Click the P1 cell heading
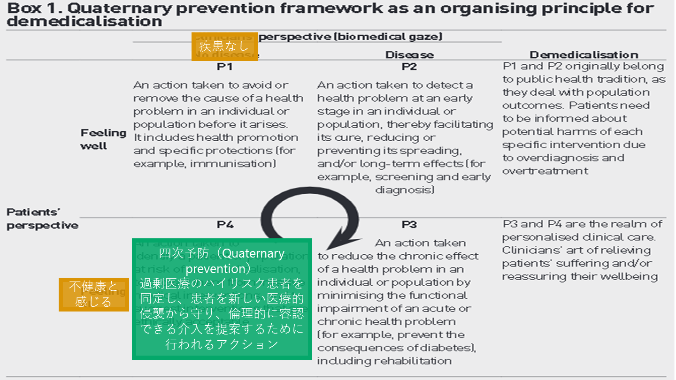pos(225,67)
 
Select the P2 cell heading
pos(409,67)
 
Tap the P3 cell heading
pos(409,225)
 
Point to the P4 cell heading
pos(225,225)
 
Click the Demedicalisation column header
pos(584,55)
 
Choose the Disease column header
pos(409,55)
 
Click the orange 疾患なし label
pos(224,46)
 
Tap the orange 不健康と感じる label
pos(93,294)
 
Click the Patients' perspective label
pos(42,219)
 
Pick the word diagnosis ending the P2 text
pos(404,190)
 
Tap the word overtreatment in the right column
pos(545,171)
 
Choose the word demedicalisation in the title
pos(84,22)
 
